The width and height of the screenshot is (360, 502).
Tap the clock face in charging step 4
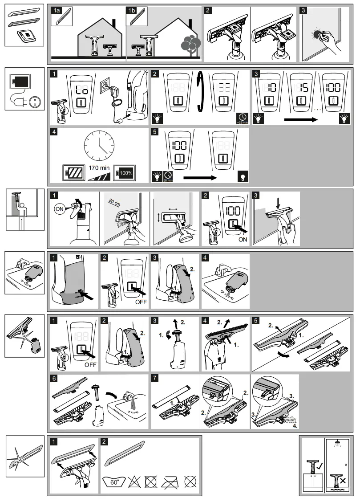point(99,146)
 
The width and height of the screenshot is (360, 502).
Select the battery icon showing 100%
point(126,172)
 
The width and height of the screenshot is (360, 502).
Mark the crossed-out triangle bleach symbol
point(133,482)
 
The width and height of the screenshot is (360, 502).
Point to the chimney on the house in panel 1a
point(114,24)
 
